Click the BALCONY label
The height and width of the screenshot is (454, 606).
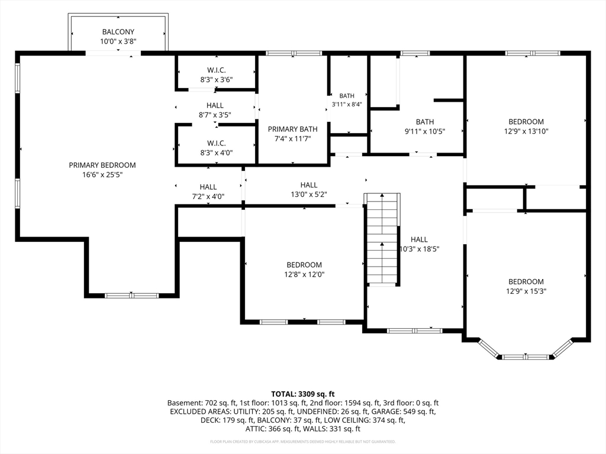(118, 32)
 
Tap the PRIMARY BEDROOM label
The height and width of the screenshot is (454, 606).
(102, 166)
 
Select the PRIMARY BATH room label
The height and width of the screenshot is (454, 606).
(292, 129)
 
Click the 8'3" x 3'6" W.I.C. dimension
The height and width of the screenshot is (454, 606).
(217, 80)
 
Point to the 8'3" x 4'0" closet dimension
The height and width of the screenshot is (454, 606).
(217, 153)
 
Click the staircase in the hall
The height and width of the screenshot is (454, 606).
(382, 239)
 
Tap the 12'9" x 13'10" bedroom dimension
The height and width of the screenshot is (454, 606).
(526, 131)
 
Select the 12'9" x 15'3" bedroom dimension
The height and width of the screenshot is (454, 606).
(526, 291)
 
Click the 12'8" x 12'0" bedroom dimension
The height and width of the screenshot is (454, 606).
(304, 274)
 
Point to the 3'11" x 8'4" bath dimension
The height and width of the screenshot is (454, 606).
(347, 104)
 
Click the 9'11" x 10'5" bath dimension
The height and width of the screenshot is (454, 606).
(425, 132)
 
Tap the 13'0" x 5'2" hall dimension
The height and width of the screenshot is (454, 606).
(309, 194)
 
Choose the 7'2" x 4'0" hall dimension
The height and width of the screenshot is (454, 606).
(208, 196)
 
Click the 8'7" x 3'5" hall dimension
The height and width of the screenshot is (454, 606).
(215, 115)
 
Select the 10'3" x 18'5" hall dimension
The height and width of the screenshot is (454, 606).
(420, 249)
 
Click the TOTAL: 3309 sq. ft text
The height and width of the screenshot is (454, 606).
(302, 394)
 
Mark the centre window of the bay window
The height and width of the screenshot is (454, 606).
(526, 356)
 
